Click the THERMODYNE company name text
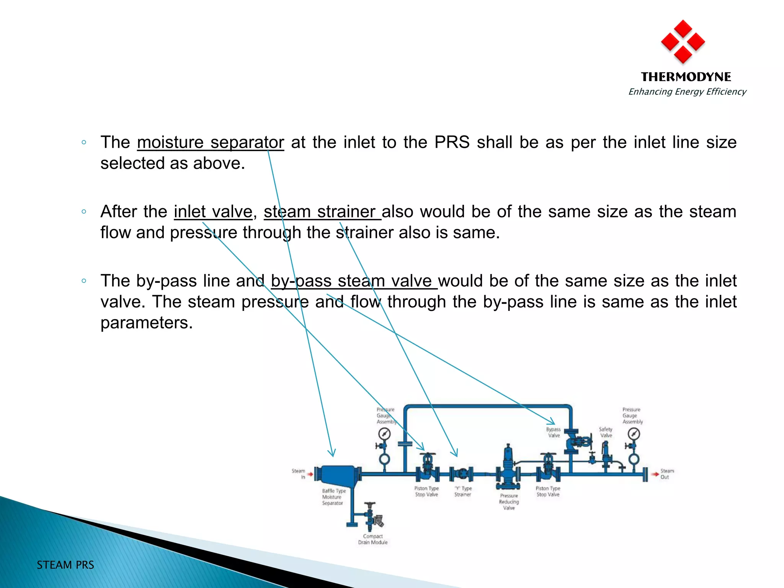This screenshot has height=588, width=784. point(686,77)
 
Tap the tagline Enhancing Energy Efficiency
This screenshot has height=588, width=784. point(687,92)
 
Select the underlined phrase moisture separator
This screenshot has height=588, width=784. point(210,142)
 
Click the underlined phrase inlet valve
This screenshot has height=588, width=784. point(213,212)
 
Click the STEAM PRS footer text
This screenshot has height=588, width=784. point(65,565)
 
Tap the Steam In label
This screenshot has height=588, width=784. point(299,474)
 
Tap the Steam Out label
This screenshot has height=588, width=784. point(667,474)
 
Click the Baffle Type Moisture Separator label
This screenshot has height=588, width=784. point(333,497)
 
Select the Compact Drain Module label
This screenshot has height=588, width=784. point(372,539)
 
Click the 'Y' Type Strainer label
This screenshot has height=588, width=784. point(463,491)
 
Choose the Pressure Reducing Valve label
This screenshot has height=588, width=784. point(509,501)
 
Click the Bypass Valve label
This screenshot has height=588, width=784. point(554,432)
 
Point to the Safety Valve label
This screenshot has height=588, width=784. point(606,432)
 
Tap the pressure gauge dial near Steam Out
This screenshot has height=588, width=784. point(634,434)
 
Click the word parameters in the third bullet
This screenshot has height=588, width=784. point(146,323)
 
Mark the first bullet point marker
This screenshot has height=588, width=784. point(84,142)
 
